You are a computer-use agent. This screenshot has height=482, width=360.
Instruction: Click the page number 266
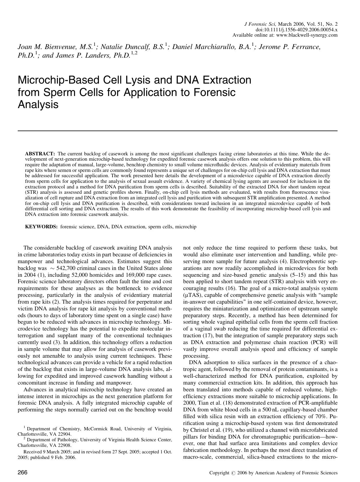[x=23, y=473]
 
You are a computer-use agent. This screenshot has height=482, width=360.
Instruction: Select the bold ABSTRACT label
[x=40, y=154]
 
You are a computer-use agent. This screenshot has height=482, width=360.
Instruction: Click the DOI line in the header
[x=297, y=30]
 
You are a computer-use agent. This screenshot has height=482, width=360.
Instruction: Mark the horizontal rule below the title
[x=177, y=131]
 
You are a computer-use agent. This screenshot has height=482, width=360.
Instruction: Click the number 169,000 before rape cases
[x=128, y=275]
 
